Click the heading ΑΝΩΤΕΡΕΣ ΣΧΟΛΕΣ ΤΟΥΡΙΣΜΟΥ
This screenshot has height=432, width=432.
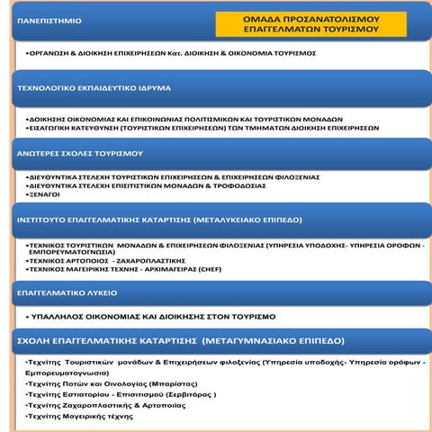coord(80,154)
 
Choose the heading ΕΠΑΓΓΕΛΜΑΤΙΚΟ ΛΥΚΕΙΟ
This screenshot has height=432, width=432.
coord(67,292)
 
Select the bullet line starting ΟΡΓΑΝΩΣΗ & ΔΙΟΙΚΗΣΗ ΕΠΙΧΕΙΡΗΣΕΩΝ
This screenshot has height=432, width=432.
coord(171,53)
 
